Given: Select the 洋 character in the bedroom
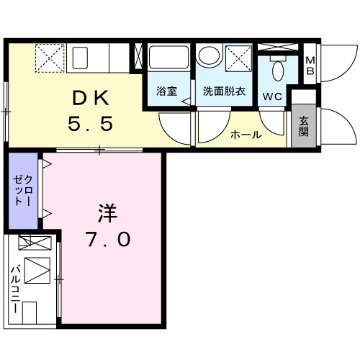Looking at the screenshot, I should click(x=108, y=213).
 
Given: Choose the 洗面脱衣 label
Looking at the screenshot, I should click(x=222, y=91).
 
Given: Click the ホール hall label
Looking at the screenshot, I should click(x=246, y=135).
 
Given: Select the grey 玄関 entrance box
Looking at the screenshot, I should click(x=304, y=126).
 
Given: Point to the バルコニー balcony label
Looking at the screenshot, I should click(x=14, y=288).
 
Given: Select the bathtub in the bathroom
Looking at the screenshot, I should click(x=168, y=60).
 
